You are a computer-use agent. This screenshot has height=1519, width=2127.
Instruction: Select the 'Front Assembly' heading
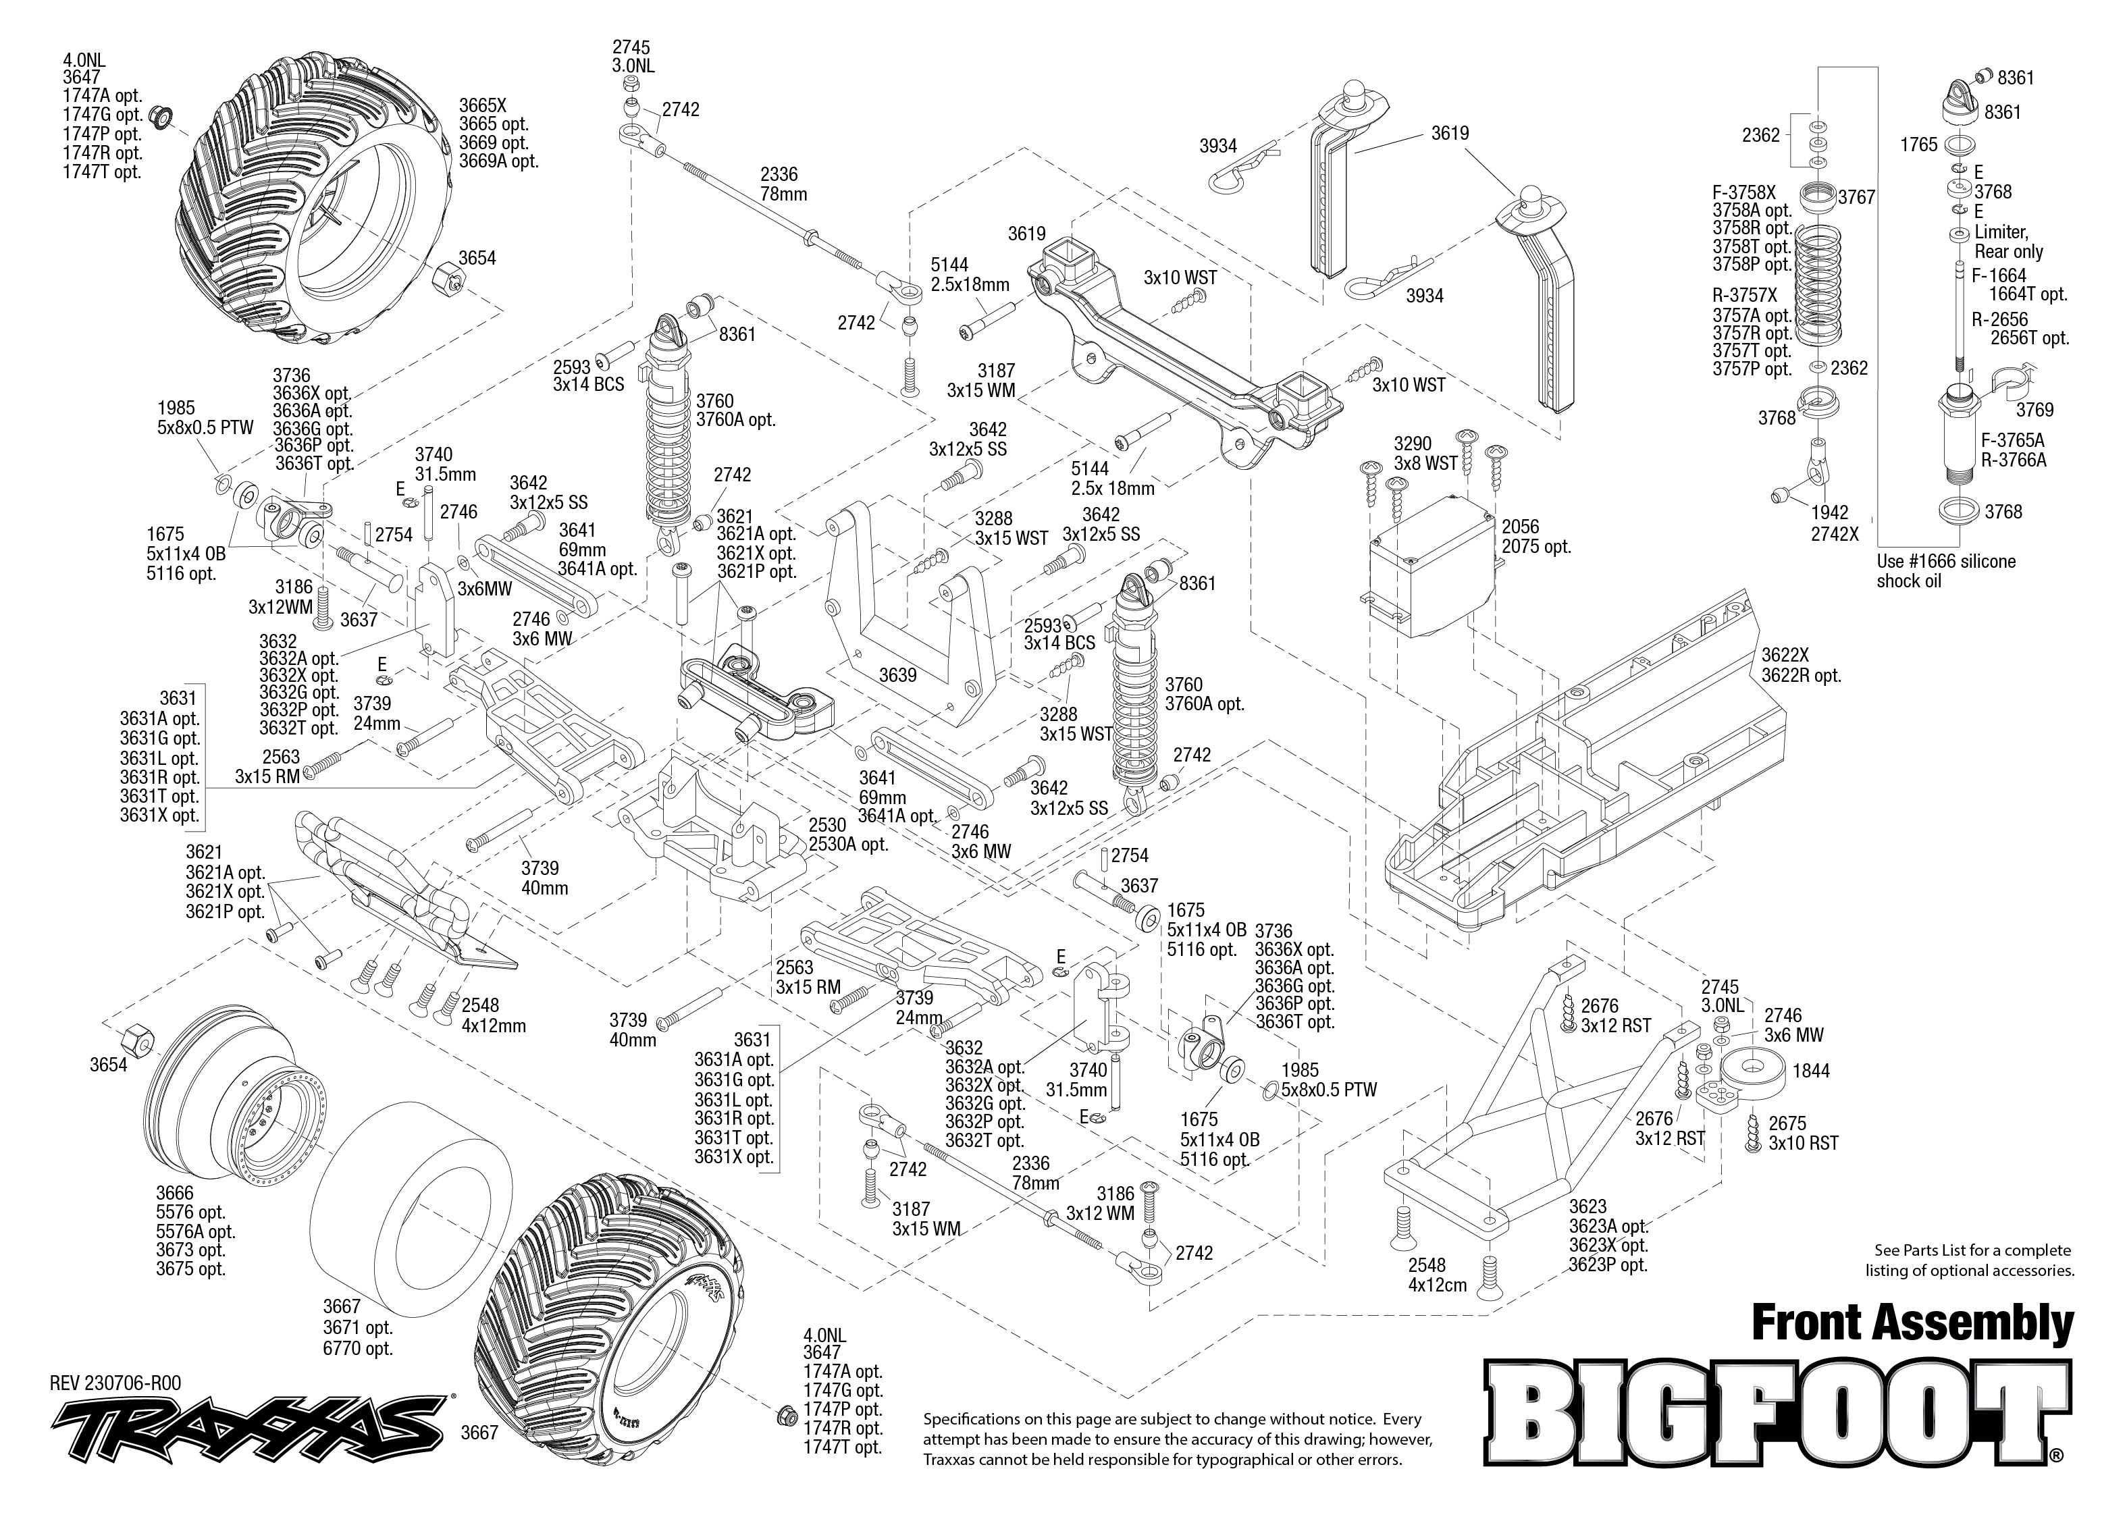[1912, 1323]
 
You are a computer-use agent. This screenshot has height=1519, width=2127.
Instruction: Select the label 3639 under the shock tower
[898, 674]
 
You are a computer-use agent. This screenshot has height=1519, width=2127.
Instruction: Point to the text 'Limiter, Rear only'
[2008, 241]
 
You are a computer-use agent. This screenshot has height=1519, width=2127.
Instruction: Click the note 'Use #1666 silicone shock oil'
[1945, 570]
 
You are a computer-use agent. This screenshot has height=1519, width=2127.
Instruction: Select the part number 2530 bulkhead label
[827, 825]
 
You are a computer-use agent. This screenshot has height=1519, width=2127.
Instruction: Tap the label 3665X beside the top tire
[481, 105]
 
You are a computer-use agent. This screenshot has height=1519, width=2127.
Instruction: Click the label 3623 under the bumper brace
[1587, 1206]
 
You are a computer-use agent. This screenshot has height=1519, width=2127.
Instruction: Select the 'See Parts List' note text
[1972, 1260]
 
